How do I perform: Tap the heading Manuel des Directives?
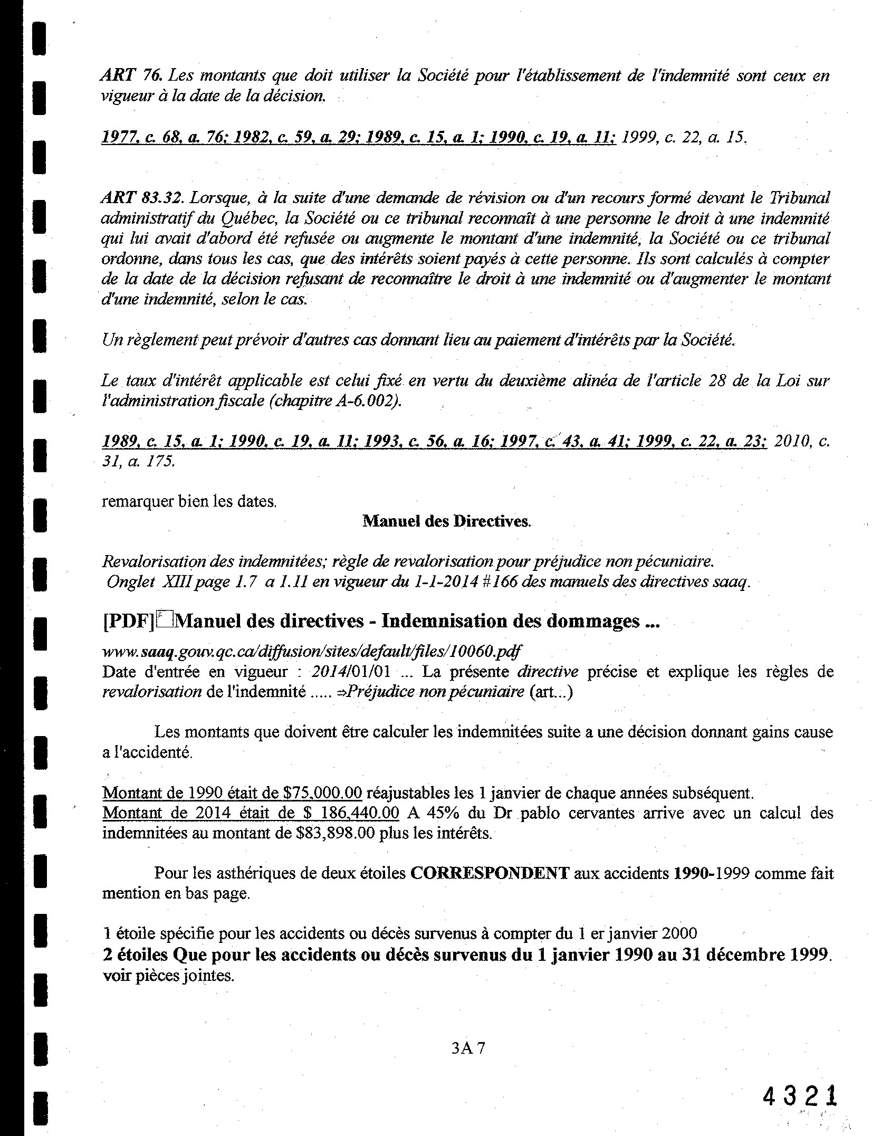click(x=446, y=521)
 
